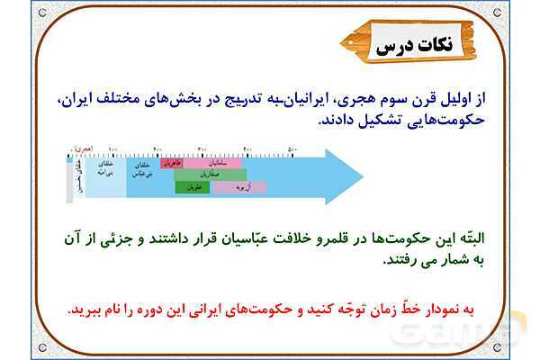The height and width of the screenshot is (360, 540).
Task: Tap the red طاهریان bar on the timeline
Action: pos(172,163)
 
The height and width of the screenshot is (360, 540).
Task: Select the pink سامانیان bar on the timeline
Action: pos(215,164)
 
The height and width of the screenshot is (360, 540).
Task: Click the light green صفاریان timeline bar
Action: pos(213,175)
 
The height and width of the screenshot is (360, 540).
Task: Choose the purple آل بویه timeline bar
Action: pos(238,188)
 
